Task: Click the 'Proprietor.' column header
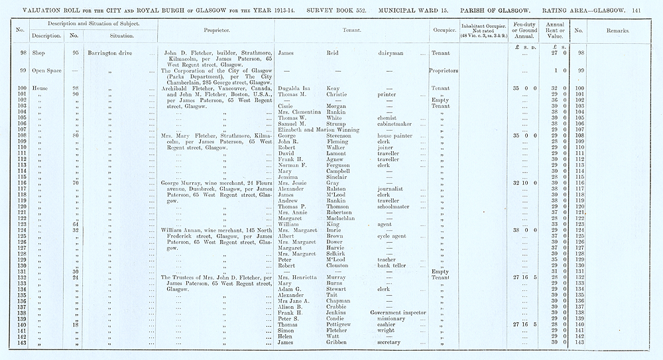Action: coord(217,30)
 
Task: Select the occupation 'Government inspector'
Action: coord(398,311)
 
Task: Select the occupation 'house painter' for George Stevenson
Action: coord(394,136)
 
